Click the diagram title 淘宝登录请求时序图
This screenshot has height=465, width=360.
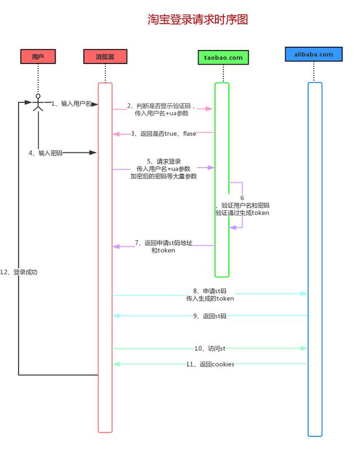point(197,20)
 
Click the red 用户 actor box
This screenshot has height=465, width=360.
point(38,57)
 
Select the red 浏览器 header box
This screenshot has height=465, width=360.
point(105,57)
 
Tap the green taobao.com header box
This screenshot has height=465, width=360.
point(223,57)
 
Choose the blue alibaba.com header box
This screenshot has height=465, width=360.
point(313,55)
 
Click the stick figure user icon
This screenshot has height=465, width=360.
point(38,103)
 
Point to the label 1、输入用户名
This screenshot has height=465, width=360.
point(71,103)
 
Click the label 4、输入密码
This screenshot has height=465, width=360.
point(46,153)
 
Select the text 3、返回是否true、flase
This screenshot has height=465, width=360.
point(164,134)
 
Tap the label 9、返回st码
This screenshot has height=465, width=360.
point(210,316)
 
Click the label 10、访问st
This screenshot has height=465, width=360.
point(210,349)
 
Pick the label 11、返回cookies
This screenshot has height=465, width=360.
point(210,364)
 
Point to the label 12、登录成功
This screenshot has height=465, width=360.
point(19,272)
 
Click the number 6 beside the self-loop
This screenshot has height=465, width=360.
point(242,198)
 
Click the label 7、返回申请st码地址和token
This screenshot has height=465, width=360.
point(163,247)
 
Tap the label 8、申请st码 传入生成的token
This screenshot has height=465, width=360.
point(210,295)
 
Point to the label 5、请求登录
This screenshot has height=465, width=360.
point(164,161)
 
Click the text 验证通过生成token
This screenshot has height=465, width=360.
point(242,213)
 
